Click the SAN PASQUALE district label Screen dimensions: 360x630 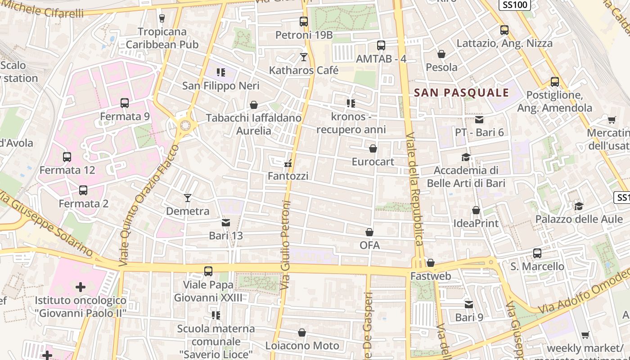click(461, 93)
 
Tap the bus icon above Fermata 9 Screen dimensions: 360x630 click(125, 103)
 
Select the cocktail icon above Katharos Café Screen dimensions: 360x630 click(304, 57)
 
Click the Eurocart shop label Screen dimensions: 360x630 click(373, 162)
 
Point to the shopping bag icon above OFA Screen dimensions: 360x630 click(369, 232)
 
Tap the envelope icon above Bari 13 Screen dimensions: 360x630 click(225, 222)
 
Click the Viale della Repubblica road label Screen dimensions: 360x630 click(414, 189)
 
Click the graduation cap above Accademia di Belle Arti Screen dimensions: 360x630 click(466, 157)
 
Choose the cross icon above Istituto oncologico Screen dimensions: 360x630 click(81, 287)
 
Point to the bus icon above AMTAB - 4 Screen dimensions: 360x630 click(381, 45)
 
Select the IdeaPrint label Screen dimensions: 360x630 click(476, 223)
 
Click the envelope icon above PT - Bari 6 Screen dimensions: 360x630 click(479, 119)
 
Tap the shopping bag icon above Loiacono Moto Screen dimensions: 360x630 click(302, 333)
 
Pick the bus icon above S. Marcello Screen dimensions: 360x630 click(537, 253)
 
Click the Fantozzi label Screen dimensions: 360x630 click(288, 176)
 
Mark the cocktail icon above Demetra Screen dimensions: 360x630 click(188, 198)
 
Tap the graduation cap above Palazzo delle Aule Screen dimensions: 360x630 click(579, 206)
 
